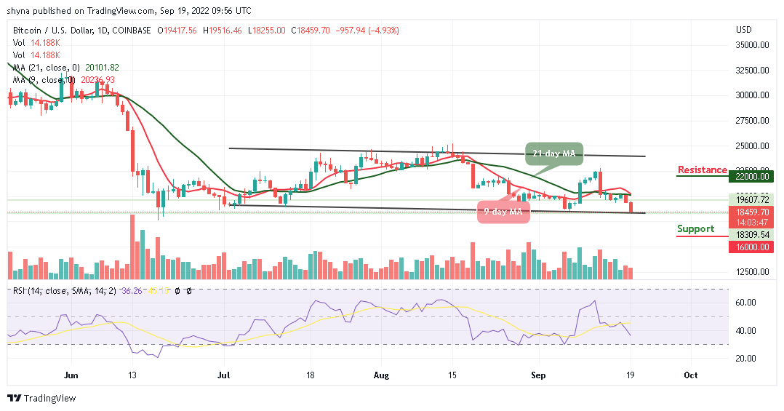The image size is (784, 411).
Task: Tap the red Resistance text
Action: pyautogui.click(x=702, y=170)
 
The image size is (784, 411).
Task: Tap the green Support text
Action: pyautogui.click(x=696, y=228)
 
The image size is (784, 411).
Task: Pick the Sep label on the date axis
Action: pyautogui.click(x=539, y=375)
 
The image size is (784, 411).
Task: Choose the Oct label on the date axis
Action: pyautogui.click(x=691, y=375)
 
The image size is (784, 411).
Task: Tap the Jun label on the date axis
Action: pyautogui.click(x=71, y=375)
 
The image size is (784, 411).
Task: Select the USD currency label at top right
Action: pyautogui.click(x=744, y=31)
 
